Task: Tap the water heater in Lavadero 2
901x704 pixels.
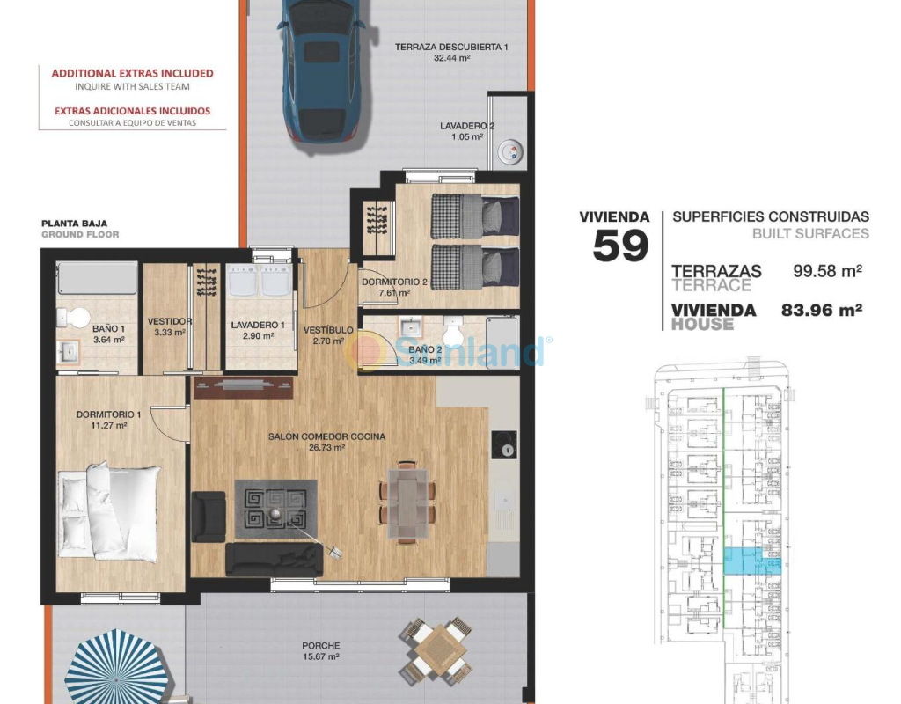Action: (510, 152)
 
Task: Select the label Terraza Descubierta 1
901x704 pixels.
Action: (451, 48)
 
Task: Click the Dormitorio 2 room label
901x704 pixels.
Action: (394, 282)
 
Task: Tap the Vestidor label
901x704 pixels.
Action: (170, 322)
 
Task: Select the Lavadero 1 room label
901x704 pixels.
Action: (258, 326)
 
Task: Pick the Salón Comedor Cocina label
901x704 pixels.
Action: (326, 436)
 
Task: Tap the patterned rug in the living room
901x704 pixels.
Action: (275, 510)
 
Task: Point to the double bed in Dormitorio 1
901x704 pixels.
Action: (109, 512)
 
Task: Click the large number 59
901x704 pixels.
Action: (620, 246)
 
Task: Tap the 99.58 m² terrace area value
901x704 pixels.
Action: (827, 271)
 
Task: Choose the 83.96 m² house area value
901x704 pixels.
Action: (822, 310)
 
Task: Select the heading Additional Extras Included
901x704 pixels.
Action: (132, 74)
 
